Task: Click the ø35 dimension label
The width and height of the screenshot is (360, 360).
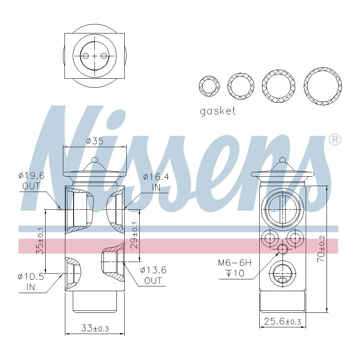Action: coord(95,141)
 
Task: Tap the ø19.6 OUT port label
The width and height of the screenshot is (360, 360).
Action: coord(31,181)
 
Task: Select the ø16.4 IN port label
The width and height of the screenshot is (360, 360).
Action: coord(156,182)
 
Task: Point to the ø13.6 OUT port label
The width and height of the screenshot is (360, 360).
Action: coord(153,275)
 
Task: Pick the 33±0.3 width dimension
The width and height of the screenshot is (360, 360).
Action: coord(95,328)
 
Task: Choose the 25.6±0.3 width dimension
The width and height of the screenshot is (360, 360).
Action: coord(282,321)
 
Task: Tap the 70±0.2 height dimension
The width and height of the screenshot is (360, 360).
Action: coord(321,249)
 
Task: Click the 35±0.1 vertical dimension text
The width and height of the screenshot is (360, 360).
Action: coord(41,241)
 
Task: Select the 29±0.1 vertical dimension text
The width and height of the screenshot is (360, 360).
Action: coord(134,235)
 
